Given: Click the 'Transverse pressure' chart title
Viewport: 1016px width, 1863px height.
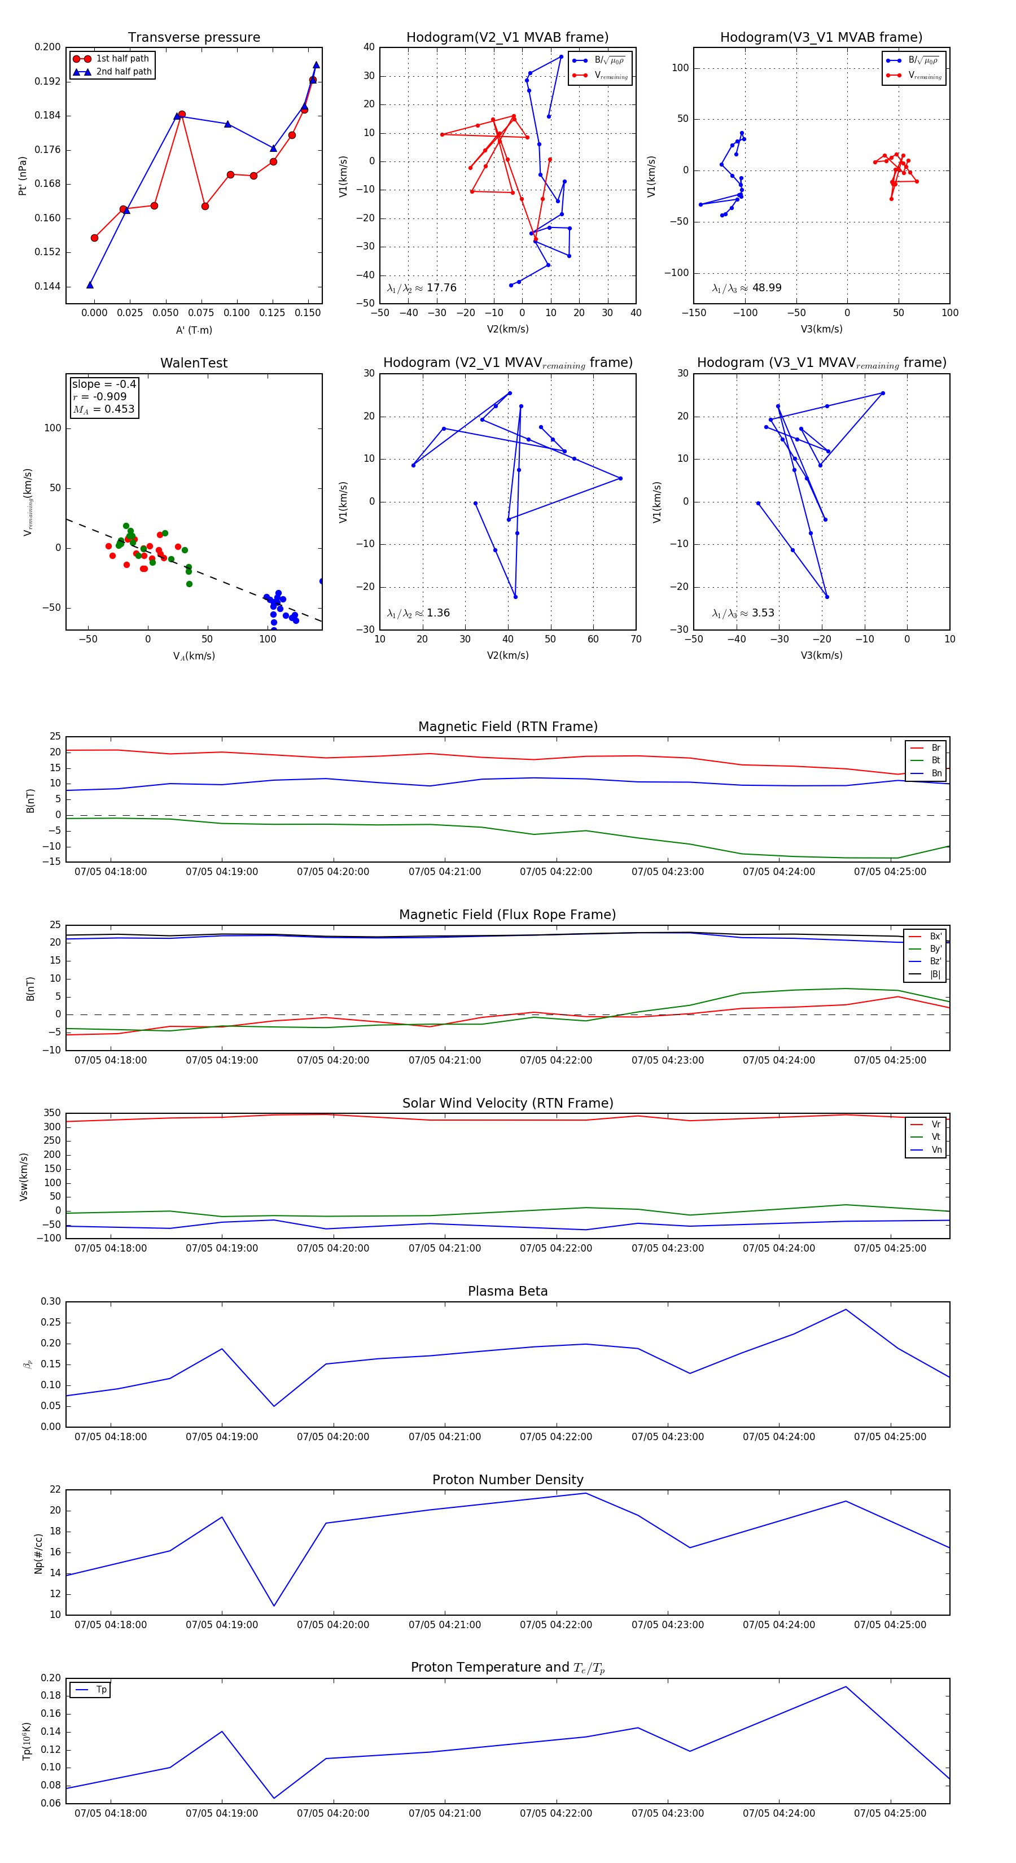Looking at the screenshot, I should pyautogui.click(x=194, y=38).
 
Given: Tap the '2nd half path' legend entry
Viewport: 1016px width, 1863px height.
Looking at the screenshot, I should pyautogui.click(x=124, y=72).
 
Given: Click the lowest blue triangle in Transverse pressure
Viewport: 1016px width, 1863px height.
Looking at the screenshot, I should pyautogui.click(x=90, y=285).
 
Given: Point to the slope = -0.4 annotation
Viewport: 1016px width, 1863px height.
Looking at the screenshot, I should pyautogui.click(x=104, y=384).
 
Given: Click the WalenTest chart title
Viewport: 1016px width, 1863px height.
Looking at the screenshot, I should pyautogui.click(x=194, y=363).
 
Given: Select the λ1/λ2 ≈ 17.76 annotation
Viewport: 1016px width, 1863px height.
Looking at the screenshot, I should pyautogui.click(x=422, y=288).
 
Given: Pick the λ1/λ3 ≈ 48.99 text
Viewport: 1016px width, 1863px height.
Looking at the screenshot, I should pyautogui.click(x=746, y=288).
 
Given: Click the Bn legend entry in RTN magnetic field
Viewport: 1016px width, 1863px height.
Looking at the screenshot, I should pyautogui.click(x=936, y=773).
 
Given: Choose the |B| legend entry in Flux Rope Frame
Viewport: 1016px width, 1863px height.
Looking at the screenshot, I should pyautogui.click(x=935, y=974).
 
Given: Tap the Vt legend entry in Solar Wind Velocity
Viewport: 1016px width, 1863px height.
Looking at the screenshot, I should pyautogui.click(x=936, y=1137).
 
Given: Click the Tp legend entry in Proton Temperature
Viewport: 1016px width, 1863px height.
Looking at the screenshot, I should pyautogui.click(x=101, y=1690).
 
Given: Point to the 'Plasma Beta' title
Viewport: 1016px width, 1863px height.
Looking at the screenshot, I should pyautogui.click(x=507, y=1292).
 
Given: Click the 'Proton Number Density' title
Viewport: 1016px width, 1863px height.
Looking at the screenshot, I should pyautogui.click(x=507, y=1480).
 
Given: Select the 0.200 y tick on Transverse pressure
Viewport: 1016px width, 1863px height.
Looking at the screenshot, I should pyautogui.click(x=48, y=47).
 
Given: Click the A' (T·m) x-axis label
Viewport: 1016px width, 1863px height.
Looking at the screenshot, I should pyautogui.click(x=194, y=330).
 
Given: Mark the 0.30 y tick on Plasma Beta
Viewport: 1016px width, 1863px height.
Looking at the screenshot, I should pyautogui.click(x=51, y=1302).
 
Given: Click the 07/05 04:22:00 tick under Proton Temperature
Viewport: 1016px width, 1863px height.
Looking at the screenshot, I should pyautogui.click(x=555, y=1813).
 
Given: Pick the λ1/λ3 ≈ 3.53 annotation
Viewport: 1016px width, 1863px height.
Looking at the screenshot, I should pyautogui.click(x=743, y=613).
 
